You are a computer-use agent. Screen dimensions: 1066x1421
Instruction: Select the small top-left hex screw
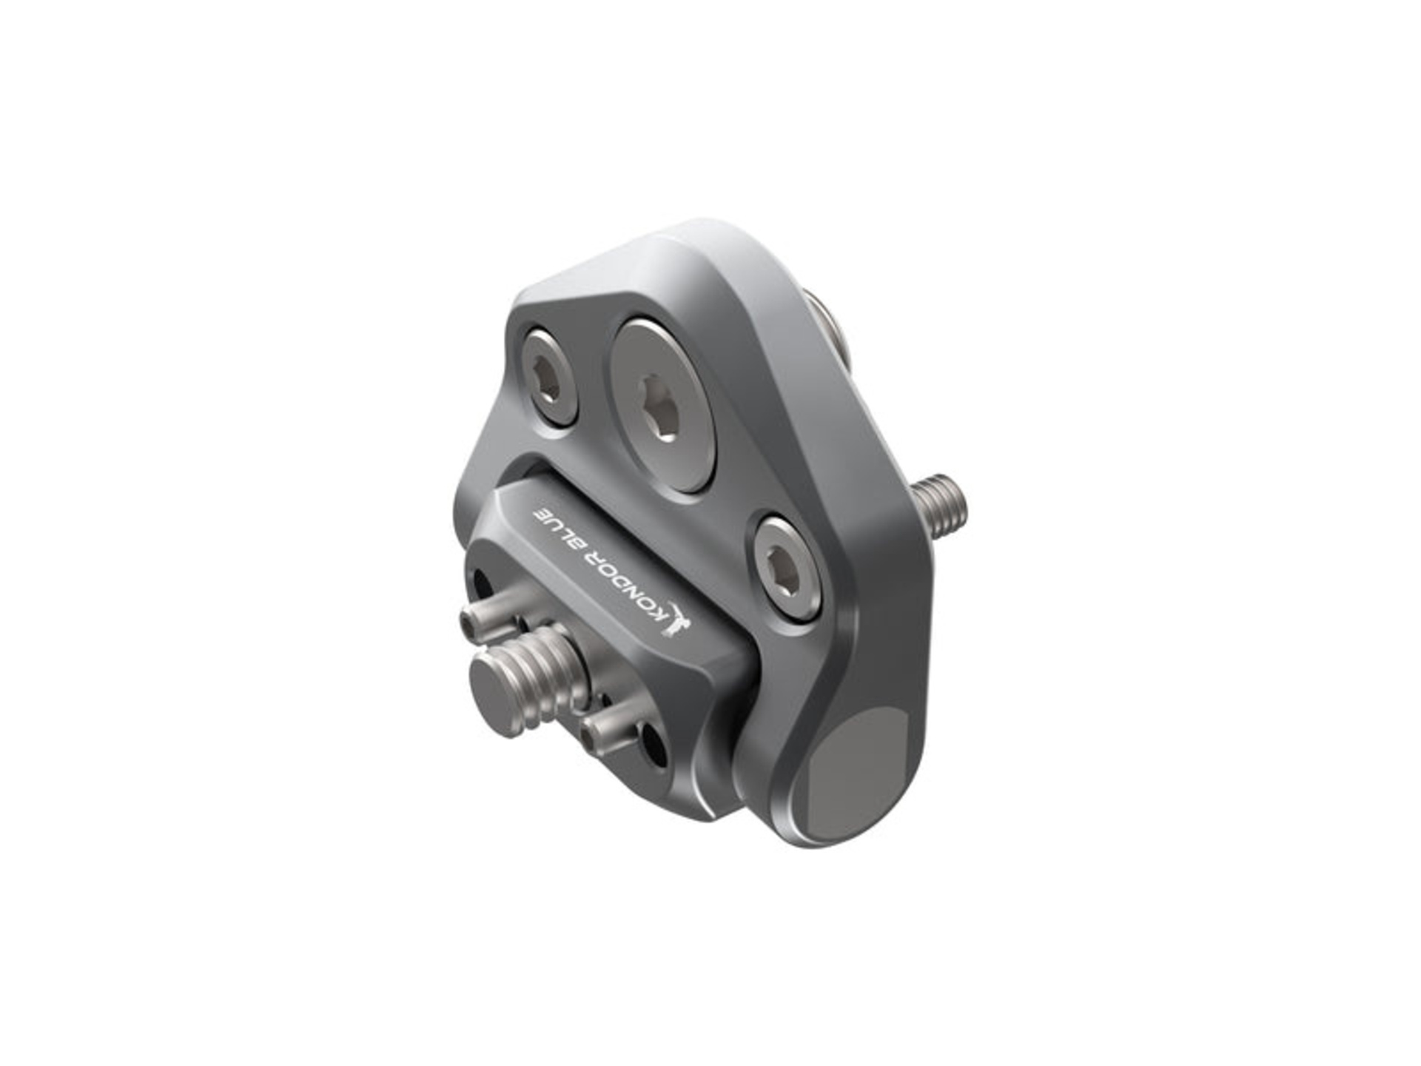pos(548,378)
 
